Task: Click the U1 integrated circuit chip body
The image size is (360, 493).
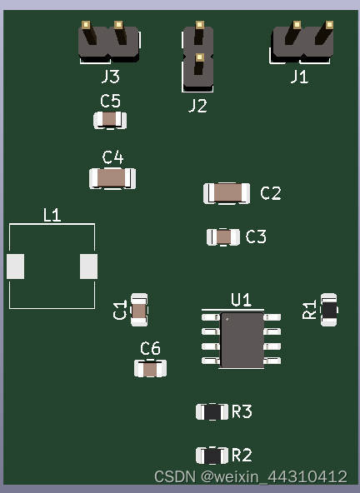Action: (x=242, y=340)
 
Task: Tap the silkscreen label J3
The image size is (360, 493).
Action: (x=111, y=77)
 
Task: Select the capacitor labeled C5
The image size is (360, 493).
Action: (x=110, y=120)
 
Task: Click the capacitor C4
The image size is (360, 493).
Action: (x=112, y=178)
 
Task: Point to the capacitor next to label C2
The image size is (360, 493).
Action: (x=227, y=193)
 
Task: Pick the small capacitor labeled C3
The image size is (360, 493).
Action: (x=223, y=237)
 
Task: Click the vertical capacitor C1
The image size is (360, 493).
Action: (x=139, y=310)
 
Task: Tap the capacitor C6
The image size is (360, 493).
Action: (x=151, y=368)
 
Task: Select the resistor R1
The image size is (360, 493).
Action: (x=329, y=310)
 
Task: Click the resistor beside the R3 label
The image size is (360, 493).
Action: (x=212, y=412)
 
